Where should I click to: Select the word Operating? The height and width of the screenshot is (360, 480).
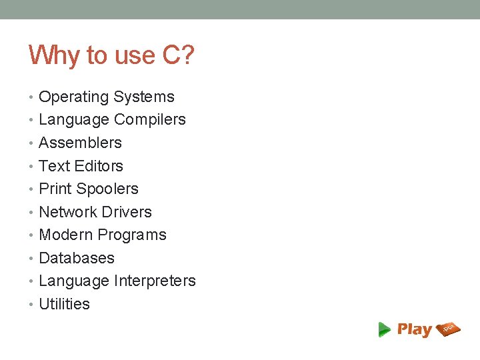[74, 97]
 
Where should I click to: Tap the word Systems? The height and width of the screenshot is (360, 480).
[143, 97]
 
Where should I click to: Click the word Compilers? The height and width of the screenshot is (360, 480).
[150, 120]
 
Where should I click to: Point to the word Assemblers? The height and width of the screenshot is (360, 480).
[80, 143]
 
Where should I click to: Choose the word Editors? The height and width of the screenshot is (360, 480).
[99, 166]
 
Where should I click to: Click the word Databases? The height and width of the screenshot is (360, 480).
[77, 258]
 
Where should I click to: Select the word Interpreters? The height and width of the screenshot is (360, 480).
[155, 281]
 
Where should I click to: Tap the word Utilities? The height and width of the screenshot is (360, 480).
[64, 304]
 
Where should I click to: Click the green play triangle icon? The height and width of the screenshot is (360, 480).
[384, 329]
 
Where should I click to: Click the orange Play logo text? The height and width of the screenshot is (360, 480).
[415, 329]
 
